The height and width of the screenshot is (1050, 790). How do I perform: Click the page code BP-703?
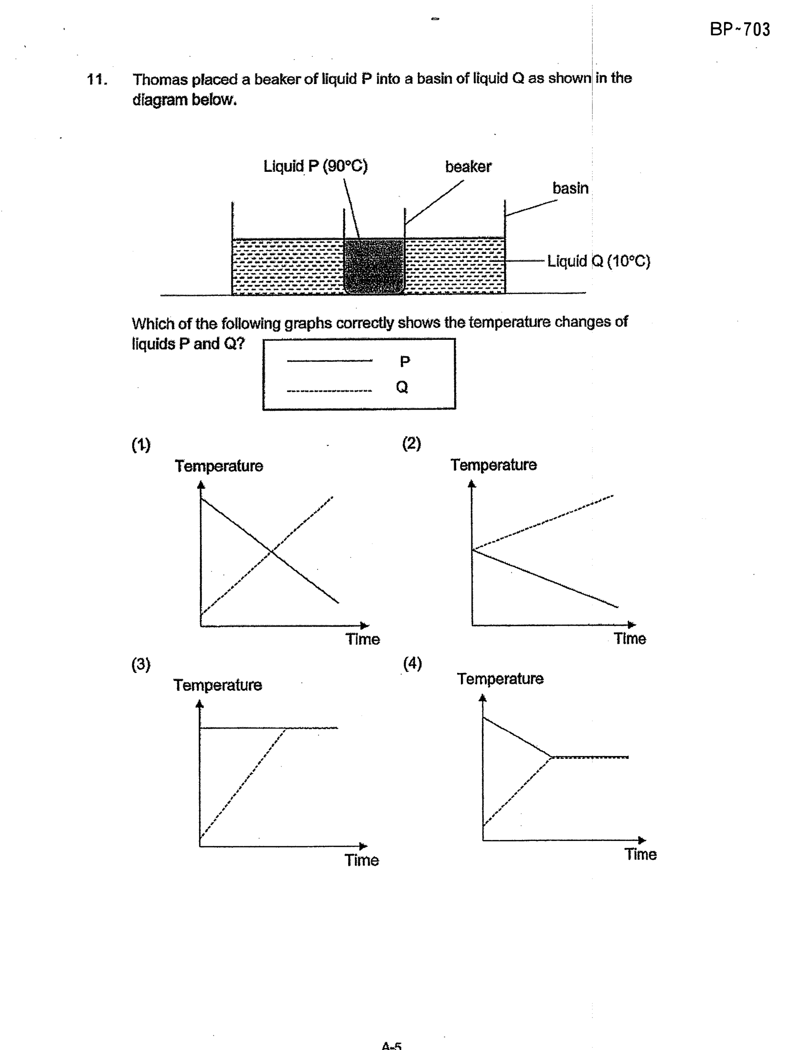click(740, 30)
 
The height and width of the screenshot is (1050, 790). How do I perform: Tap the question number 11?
click(97, 79)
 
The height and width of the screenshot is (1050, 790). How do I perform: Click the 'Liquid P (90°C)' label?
click(316, 166)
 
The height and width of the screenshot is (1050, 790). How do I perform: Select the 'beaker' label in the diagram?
click(468, 167)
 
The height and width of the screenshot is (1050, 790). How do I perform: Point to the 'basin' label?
click(570, 188)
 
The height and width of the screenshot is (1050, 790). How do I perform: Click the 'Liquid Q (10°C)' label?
click(598, 261)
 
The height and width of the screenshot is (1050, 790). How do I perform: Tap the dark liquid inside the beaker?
click(374, 266)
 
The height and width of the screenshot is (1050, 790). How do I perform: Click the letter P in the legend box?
click(405, 361)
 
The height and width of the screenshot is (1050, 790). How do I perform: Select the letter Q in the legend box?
click(402, 387)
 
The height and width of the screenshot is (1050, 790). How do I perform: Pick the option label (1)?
click(141, 445)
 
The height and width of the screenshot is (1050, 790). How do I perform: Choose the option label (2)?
click(411, 443)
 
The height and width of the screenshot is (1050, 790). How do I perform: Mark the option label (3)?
click(141, 664)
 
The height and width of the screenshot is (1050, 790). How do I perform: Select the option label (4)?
click(413, 663)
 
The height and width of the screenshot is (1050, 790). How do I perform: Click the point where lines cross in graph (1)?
click(271, 552)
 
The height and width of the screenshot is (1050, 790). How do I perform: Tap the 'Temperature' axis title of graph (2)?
click(494, 465)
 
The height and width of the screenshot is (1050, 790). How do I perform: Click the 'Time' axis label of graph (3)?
click(362, 860)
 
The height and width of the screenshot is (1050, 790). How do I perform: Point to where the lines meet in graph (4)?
click(551, 757)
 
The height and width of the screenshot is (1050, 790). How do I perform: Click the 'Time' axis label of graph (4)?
click(641, 854)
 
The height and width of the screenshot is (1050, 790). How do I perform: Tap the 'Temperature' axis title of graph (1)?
click(219, 466)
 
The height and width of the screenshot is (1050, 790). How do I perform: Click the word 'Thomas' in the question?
click(160, 79)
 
